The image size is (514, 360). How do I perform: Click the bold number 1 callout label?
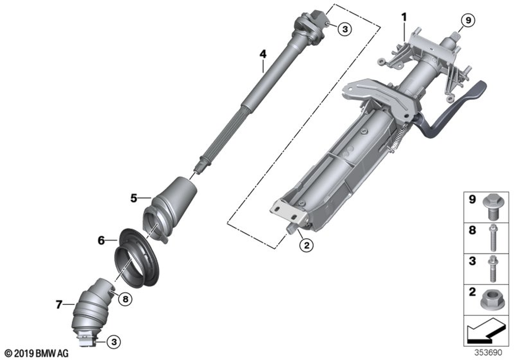click(x=404, y=17)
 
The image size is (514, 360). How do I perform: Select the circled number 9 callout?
click(x=468, y=21)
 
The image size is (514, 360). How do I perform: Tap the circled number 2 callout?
click(x=306, y=245)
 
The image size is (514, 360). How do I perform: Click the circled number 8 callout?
click(x=125, y=299)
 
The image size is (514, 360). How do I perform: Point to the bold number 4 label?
click(x=263, y=54)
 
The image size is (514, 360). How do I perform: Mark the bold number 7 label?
click(x=59, y=304)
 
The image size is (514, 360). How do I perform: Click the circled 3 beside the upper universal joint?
click(x=344, y=29)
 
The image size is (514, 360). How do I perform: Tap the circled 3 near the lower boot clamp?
click(x=114, y=342)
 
